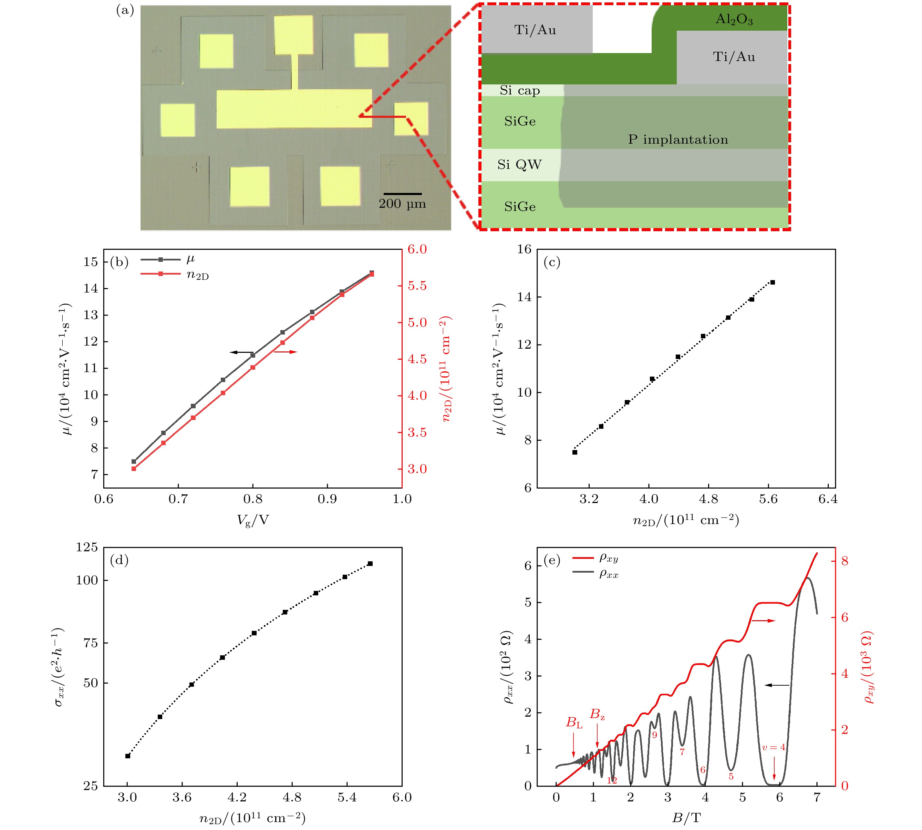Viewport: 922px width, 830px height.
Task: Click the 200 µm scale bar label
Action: tap(402, 204)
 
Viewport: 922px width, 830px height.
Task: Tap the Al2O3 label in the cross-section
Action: tap(734, 19)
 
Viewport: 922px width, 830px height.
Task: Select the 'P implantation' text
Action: tap(678, 140)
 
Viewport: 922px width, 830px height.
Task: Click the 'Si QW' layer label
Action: tap(519, 165)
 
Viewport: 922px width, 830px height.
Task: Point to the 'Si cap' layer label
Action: tap(520, 90)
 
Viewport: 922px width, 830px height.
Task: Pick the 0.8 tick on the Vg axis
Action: tap(253, 499)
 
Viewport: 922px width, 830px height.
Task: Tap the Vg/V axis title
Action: tap(253, 520)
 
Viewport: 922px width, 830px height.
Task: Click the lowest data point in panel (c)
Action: tap(575, 452)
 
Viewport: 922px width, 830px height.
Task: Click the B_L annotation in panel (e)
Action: tap(574, 723)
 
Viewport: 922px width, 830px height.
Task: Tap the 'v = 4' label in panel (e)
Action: tap(774, 747)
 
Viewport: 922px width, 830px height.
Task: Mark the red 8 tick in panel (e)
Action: tap(845, 561)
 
